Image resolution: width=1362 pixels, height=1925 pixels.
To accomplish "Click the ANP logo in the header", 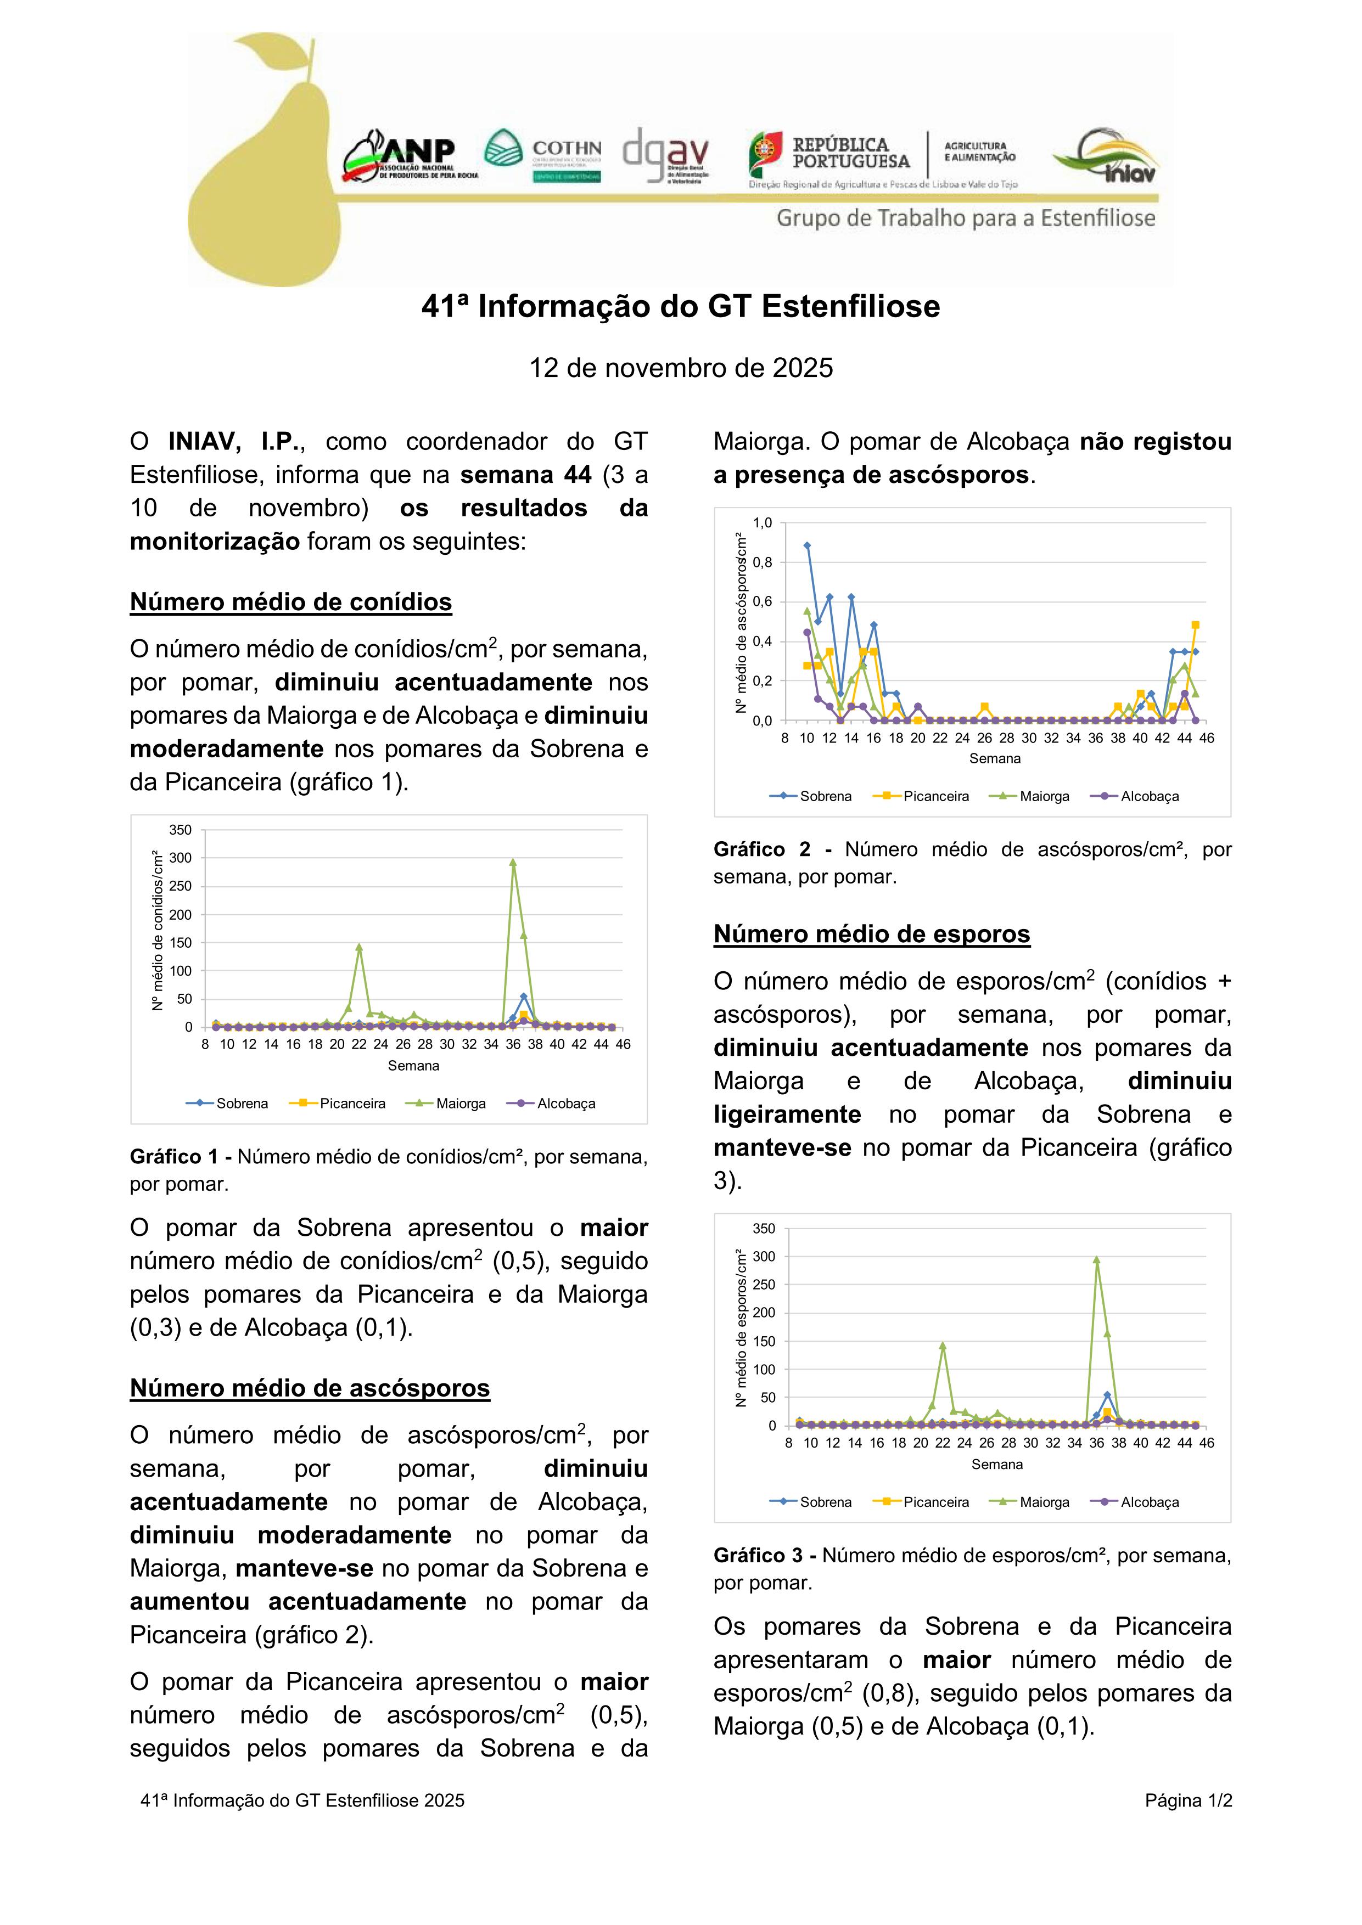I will coord(410,156).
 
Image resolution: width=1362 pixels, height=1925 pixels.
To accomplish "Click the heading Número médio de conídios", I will coord(290,602).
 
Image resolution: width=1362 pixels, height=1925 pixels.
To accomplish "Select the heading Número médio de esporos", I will coord(871,934).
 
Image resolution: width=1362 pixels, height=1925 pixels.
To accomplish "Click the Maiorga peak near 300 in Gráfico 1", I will coord(512,862).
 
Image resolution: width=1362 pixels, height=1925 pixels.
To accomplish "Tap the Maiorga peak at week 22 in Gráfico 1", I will coord(359,947).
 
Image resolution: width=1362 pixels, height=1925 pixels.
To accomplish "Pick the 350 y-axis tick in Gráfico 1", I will coord(180,830).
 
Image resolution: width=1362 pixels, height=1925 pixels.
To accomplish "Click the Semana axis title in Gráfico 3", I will coord(996,1464).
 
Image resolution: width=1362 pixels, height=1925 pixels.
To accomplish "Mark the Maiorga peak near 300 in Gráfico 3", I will coord(1096,1259).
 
